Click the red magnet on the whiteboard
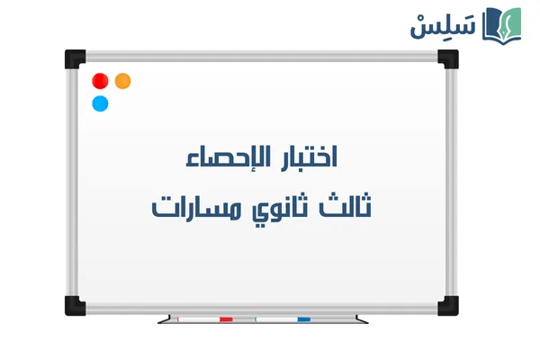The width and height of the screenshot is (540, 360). [x=101, y=81]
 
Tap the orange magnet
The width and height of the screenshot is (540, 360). [x=123, y=81]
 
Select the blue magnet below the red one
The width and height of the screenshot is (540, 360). [x=101, y=103]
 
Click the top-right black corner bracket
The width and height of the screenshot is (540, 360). [x=447, y=58]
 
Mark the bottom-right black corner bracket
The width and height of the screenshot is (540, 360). [x=447, y=306]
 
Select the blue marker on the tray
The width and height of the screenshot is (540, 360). [x=283, y=319]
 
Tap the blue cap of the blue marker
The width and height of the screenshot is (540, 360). [x=304, y=319]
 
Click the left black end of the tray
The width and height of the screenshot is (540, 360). [x=163, y=319]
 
